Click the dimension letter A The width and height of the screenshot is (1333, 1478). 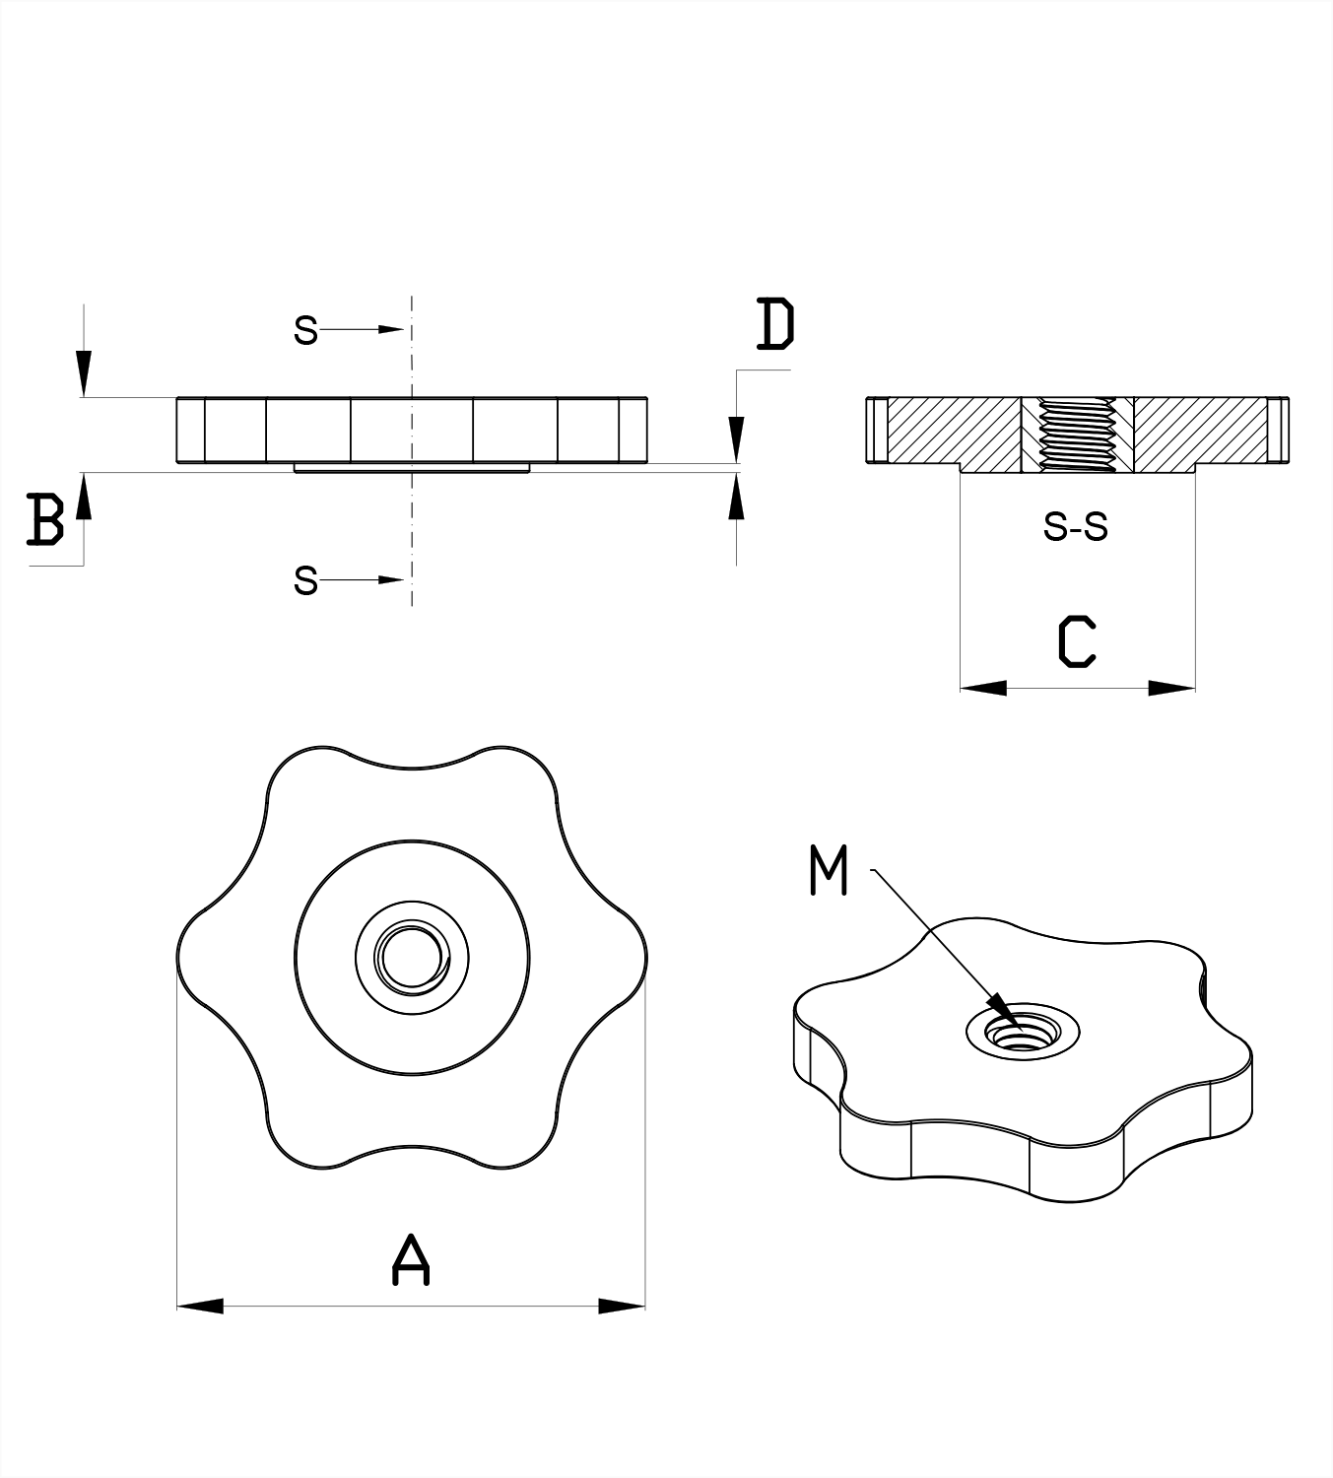coord(412,1260)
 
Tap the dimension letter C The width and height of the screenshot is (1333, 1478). coord(1077,641)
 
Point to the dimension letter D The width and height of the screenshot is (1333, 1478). coord(775,324)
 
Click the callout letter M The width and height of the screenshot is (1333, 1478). coord(829,870)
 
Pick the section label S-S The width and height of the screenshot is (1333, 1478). coord(1076,528)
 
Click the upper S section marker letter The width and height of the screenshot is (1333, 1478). coord(305,330)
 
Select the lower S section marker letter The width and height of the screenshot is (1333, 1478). coord(305,581)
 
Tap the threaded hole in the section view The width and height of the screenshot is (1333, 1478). coord(1078,435)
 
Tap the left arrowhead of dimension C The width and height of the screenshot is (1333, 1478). coord(983,687)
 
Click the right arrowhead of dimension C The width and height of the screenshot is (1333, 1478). coord(1172,687)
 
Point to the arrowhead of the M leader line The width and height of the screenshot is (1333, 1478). coord(1004,1015)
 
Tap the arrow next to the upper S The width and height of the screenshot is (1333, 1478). coord(388,329)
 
